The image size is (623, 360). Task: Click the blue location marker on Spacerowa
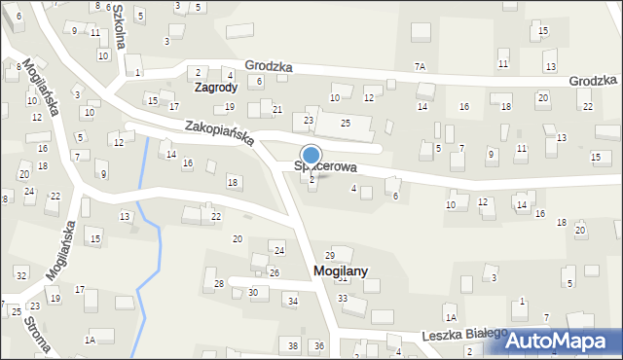click(311, 156)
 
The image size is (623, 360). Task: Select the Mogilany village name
click(340, 271)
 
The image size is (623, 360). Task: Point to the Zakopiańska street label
click(220, 133)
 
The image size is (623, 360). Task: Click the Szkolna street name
click(118, 18)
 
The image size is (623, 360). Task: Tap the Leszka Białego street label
click(464, 336)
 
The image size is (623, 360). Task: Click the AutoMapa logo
click(562, 341)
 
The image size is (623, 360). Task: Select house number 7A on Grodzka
click(420, 66)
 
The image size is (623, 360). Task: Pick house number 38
click(292, 346)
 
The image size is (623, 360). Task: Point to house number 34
click(292, 301)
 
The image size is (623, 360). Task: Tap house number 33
click(342, 297)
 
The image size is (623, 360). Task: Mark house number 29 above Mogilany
click(329, 255)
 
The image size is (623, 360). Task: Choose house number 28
click(220, 283)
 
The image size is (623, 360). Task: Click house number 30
click(253, 292)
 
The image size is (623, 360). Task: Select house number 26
click(275, 272)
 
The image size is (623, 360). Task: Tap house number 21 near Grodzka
click(277, 109)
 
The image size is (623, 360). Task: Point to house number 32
click(21, 276)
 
